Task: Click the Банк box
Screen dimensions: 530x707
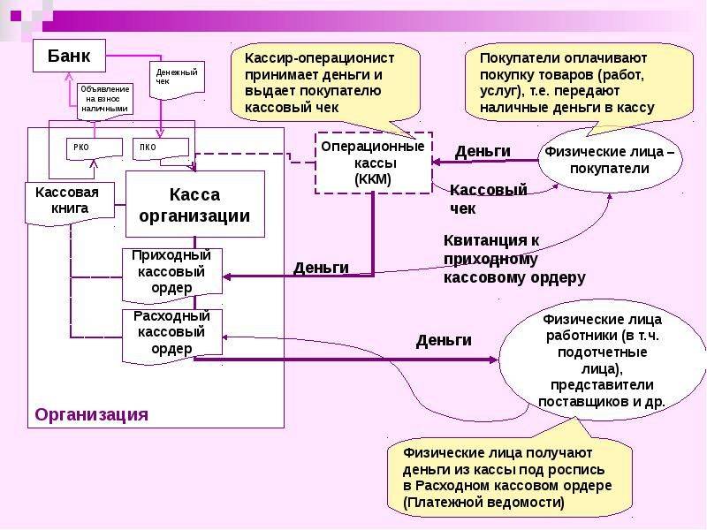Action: tap(69, 57)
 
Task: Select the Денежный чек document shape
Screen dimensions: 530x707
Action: tap(178, 76)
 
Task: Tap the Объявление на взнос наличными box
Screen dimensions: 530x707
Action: tap(105, 98)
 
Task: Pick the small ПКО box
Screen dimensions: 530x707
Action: tap(159, 148)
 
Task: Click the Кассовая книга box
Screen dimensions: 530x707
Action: tap(61, 201)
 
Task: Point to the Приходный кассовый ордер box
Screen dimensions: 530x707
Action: tap(171, 271)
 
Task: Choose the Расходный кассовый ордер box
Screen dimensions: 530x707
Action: tap(171, 332)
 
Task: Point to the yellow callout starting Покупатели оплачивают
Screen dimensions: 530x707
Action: tap(566, 81)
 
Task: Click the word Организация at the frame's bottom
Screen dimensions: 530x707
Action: tap(91, 414)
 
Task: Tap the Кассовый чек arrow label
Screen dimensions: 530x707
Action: tap(488, 199)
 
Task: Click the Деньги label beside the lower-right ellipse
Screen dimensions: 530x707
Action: tap(444, 340)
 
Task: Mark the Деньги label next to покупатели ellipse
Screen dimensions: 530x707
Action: tap(483, 151)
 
